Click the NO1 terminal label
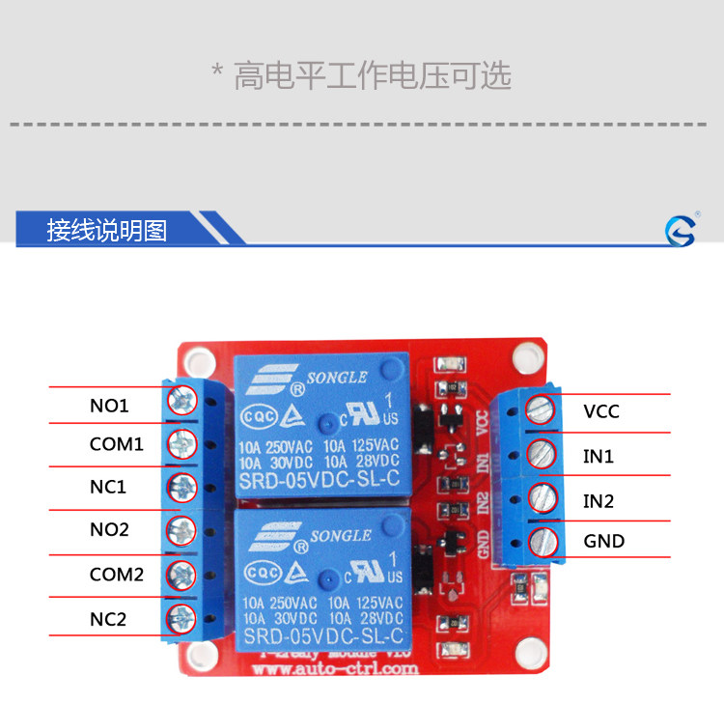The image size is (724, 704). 109,406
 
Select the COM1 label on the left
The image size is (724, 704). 116,445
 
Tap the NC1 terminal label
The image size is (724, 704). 109,487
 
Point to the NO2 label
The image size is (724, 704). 109,530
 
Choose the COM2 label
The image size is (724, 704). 116,575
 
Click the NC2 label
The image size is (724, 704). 109,619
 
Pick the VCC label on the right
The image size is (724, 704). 600,412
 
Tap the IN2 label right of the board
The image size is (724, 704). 599,501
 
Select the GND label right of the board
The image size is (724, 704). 603,541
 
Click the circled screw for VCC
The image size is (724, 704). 542,409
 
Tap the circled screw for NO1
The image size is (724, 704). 181,400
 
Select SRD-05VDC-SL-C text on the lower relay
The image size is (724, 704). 322,636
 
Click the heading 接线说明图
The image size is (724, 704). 107,230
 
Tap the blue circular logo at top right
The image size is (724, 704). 680,230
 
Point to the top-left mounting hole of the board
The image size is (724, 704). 199,361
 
